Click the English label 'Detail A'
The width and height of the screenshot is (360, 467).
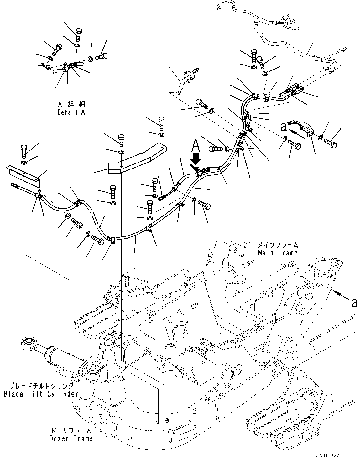(71, 112)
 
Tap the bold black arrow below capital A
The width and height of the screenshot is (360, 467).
(196, 158)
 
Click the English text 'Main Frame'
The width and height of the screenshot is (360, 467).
(278, 252)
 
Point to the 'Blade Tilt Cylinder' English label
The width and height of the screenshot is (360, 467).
(41, 394)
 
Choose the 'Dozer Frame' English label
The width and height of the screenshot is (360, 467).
(71, 438)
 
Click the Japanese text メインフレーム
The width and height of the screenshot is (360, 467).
(278, 245)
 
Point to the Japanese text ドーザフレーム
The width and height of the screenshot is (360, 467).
(71, 431)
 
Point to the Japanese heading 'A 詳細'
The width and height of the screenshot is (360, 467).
(71, 104)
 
